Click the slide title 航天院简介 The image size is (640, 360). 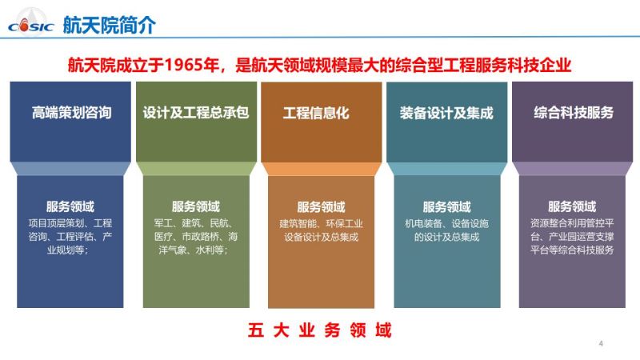click(x=110, y=25)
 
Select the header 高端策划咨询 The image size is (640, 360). click(x=72, y=113)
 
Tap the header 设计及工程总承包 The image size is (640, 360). click(x=196, y=113)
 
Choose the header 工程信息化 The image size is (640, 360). click(x=316, y=113)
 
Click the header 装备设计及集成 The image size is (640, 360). click(x=446, y=113)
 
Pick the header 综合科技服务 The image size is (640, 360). click(x=574, y=113)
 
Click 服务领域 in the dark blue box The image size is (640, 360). click(x=70, y=206)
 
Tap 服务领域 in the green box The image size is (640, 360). click(x=196, y=206)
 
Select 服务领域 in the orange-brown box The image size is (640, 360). click(x=322, y=207)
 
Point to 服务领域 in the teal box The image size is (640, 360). click(x=447, y=207)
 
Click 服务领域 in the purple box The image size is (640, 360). click(x=572, y=206)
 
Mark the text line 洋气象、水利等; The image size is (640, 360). click(x=193, y=250)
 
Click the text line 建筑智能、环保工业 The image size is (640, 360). click(x=322, y=224)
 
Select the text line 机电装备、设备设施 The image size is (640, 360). click(x=447, y=224)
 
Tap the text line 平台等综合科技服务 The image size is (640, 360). click(x=572, y=250)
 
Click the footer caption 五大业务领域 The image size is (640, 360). click(x=319, y=330)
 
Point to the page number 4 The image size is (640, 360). click(x=601, y=343)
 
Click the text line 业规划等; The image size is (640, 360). click(x=68, y=250)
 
